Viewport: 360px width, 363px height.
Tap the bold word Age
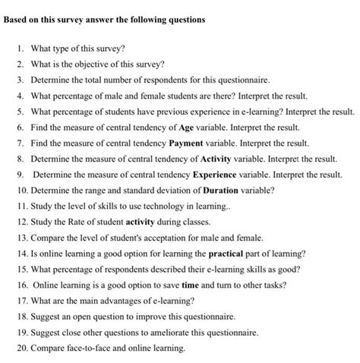[186, 128]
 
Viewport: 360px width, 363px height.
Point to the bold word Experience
[213, 174]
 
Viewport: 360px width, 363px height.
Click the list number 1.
[22, 49]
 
